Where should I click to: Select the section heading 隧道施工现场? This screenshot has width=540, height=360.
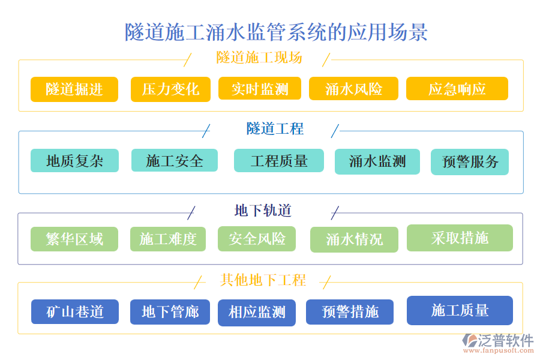(x=259, y=58)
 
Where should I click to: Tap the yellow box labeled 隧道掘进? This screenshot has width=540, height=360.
(x=74, y=89)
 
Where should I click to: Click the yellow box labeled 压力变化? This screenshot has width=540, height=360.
(x=170, y=89)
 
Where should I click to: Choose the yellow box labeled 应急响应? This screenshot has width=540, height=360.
(x=457, y=89)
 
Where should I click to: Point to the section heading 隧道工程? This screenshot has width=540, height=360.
(x=275, y=128)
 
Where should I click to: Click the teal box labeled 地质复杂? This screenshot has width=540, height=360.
(x=74, y=161)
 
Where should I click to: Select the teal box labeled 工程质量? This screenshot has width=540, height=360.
(x=278, y=161)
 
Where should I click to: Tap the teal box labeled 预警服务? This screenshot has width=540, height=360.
(x=469, y=162)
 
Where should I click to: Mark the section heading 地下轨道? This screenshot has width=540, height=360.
(x=263, y=211)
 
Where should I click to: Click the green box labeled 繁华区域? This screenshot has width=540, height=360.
(x=74, y=239)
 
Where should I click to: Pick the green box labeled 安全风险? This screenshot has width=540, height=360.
(x=257, y=238)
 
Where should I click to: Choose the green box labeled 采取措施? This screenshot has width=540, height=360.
(x=460, y=238)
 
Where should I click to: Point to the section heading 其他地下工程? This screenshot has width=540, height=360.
(x=263, y=280)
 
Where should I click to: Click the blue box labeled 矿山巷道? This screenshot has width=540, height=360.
(x=74, y=312)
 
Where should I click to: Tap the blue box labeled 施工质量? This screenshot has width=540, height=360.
(x=460, y=310)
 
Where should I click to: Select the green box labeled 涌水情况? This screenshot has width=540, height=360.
(x=354, y=239)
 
